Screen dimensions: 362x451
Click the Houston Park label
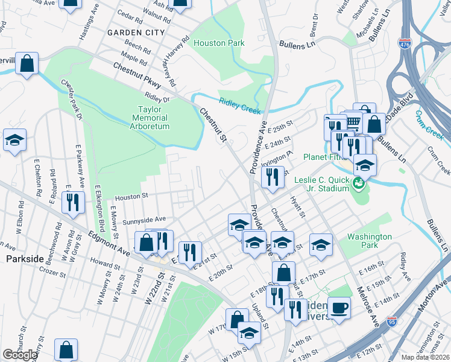pos(219,43)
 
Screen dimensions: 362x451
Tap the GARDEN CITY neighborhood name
pos(136,32)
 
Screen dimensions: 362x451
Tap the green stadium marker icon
pos(359,183)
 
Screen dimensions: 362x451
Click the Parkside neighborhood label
pos(25,258)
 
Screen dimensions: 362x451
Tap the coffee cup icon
pos(339,308)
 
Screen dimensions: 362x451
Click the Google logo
pos(20,355)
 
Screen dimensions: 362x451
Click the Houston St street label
pos(131,197)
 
